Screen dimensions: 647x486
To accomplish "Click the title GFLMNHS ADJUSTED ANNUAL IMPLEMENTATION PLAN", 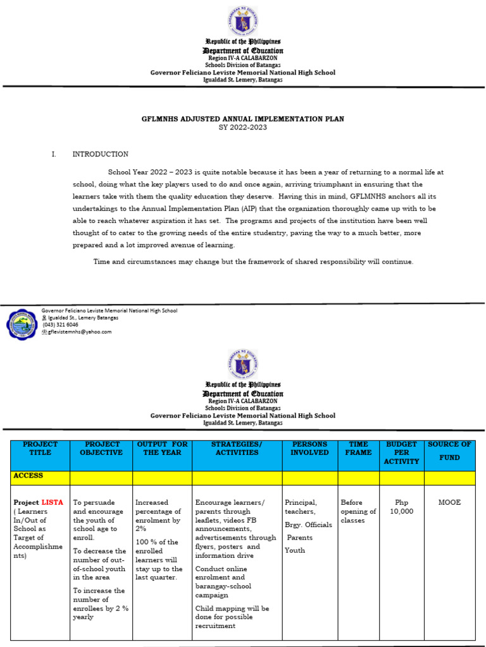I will click(243, 119).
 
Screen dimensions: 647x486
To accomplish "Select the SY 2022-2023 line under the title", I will click(243, 127).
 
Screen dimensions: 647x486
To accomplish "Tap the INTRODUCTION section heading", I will click(101, 154).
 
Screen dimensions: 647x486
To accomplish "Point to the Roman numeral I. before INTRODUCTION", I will click(54, 154).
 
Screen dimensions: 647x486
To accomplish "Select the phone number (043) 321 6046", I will click(60, 325).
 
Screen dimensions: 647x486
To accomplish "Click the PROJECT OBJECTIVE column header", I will click(101, 449).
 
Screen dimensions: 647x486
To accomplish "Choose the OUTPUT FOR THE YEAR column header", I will click(162, 449).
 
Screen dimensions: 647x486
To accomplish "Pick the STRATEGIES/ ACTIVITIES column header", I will click(237, 449).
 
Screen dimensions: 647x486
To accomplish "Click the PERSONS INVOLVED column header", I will click(309, 449).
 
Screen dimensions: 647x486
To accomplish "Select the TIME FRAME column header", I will click(358, 449).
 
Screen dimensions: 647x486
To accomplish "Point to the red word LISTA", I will click(53, 502).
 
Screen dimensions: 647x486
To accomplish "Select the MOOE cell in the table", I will click(449, 502).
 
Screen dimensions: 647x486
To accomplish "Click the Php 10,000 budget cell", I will click(401, 507).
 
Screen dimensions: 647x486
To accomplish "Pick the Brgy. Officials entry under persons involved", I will click(308, 525).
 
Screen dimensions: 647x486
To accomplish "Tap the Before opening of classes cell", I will click(358, 511).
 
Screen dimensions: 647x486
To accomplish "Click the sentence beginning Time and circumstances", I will click(253, 262).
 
